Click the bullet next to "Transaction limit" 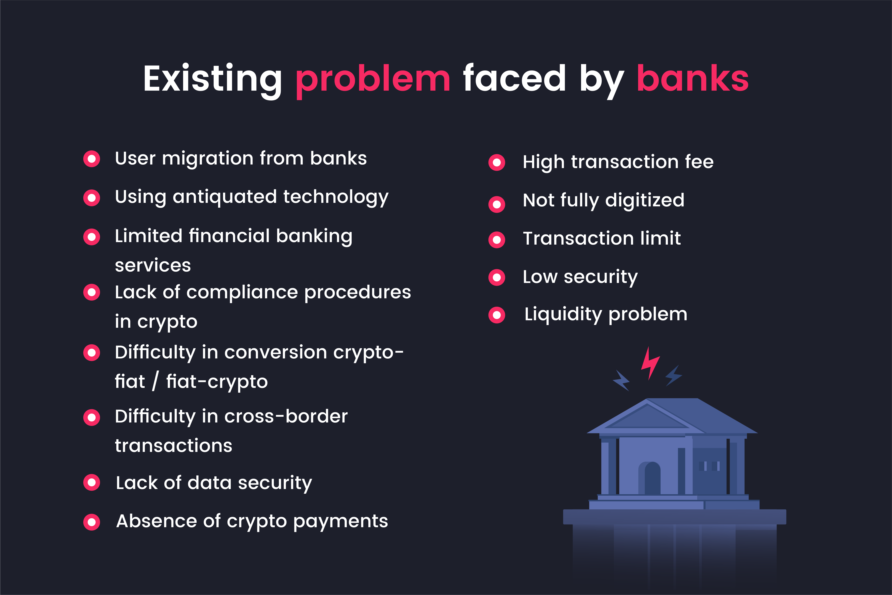(x=497, y=240)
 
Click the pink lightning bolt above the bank (x=650, y=363)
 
